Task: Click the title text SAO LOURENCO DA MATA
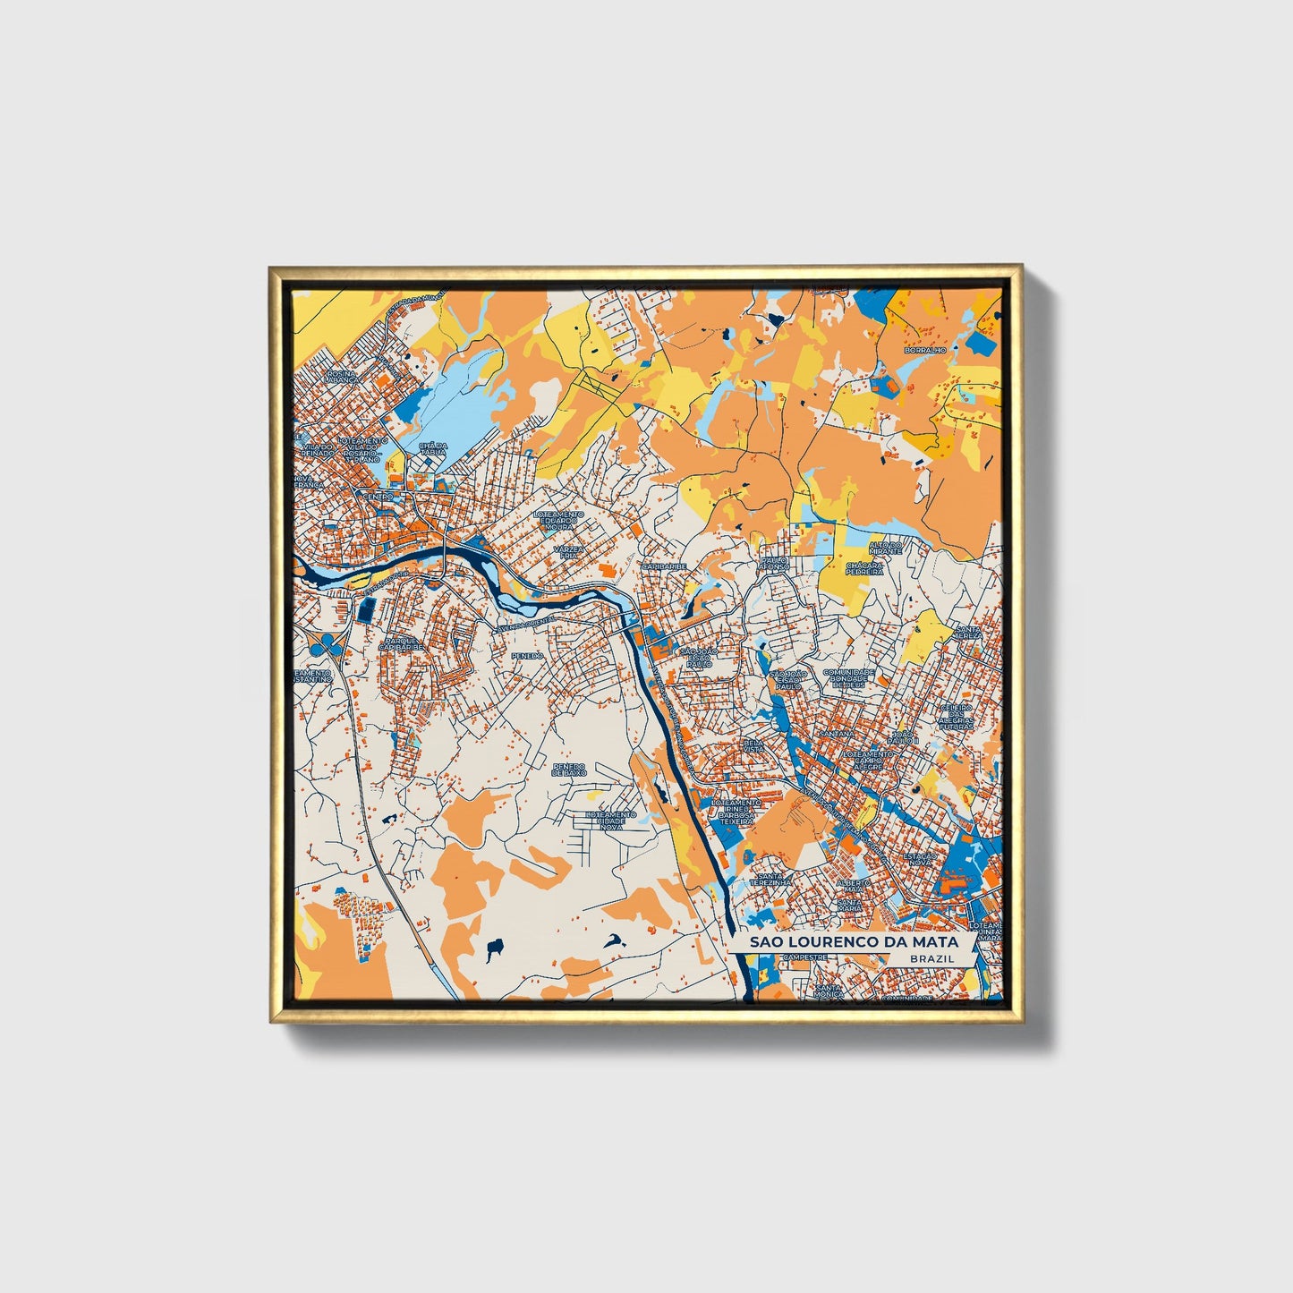tap(854, 941)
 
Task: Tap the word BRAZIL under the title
tap(931, 958)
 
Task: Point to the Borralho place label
tap(925, 350)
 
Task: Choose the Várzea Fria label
tap(567, 551)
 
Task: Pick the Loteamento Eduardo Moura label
tap(558, 520)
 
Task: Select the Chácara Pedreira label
tap(865, 568)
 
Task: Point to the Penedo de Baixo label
tap(568, 770)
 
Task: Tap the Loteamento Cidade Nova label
tap(610, 821)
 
